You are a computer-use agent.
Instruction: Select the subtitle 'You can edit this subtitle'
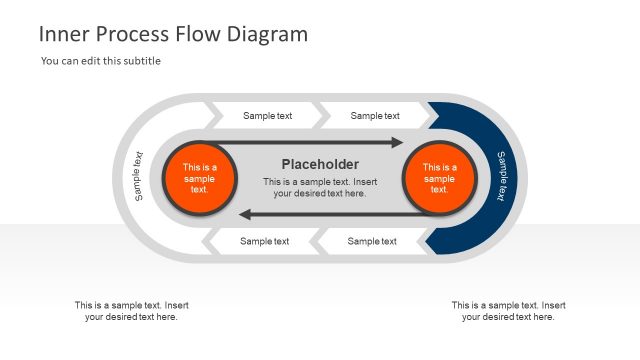[101, 61]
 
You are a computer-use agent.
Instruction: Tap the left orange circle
[199, 178]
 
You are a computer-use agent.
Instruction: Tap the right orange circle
[439, 178]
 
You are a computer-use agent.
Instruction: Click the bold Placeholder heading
[320, 164]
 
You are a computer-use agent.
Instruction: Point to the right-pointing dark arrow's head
[397, 143]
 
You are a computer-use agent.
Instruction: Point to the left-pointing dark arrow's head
[244, 213]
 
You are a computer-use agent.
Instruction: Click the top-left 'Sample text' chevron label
[267, 116]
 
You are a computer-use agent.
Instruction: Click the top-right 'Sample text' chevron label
[375, 116]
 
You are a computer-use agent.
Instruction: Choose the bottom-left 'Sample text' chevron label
[264, 241]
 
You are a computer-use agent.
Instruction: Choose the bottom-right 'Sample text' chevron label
[372, 241]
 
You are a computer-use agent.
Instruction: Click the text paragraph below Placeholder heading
[320, 188]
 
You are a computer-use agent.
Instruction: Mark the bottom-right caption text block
[508, 311]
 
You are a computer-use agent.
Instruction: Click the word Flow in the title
[201, 34]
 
